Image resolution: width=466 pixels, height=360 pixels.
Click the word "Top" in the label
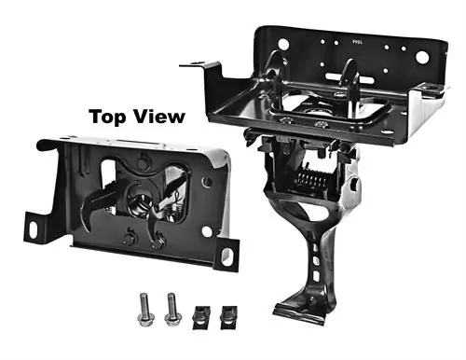point(108,118)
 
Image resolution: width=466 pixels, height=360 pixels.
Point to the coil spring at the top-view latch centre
point(140,201)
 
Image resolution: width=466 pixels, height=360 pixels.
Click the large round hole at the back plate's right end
point(423,57)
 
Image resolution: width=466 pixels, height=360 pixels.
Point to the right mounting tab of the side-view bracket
point(428,90)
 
